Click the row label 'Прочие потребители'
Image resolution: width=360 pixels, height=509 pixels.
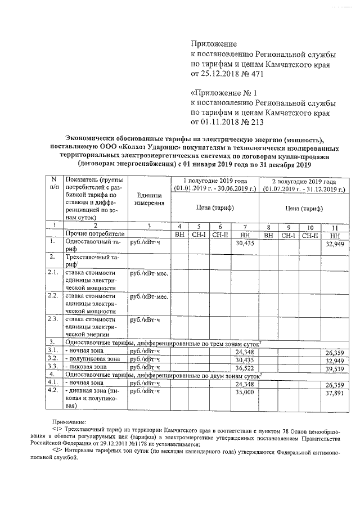coord(94,233)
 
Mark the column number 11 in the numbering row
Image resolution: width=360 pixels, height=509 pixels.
coord(335,225)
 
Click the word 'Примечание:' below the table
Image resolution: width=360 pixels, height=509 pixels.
coord(70,421)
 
